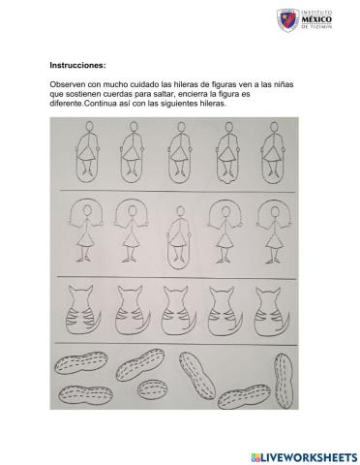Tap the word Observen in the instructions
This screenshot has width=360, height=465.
tap(68, 86)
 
